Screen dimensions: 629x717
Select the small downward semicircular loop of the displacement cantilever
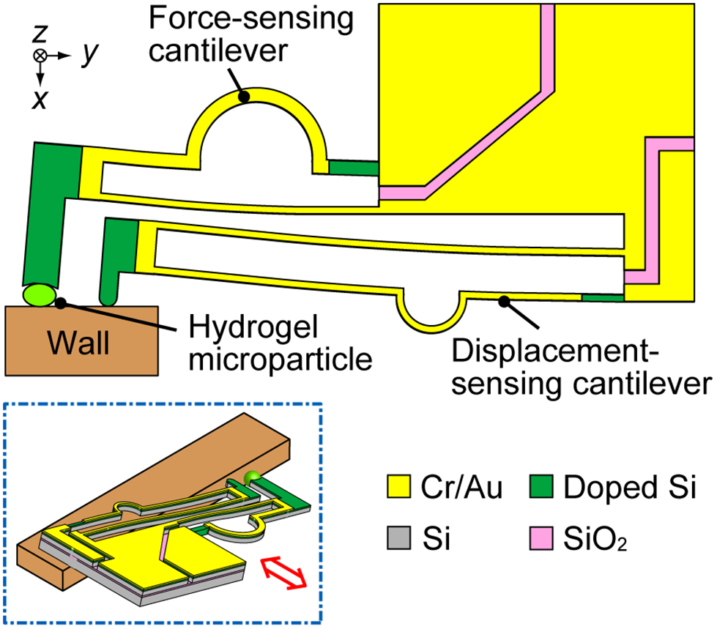pyautogui.click(x=431, y=319)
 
